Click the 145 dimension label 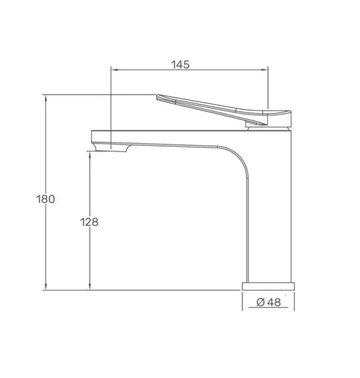[180, 65]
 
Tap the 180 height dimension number [45, 199]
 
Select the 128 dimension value [89, 222]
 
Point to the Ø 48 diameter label [269, 302]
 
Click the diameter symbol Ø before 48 [261, 302]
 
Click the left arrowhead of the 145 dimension [115, 70]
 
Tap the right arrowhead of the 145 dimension [264, 70]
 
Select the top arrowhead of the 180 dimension [46, 98]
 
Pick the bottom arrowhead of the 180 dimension [46, 287]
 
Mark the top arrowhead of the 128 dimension [90, 155]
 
